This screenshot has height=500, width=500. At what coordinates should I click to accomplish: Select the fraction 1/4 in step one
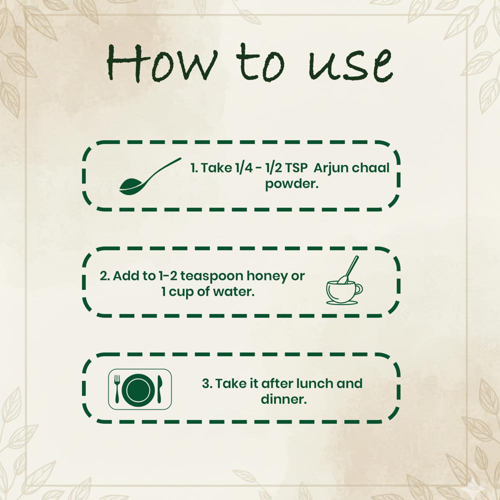(244, 167)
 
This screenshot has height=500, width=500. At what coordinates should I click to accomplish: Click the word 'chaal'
(369, 167)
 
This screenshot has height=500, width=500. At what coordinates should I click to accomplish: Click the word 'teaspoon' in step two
(211, 276)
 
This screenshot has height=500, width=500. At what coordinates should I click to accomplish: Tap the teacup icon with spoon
(344, 280)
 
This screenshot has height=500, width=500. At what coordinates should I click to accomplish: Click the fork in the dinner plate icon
(117, 388)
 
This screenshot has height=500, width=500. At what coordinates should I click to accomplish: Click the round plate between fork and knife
(138, 389)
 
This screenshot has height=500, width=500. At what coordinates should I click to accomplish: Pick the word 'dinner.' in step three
(284, 399)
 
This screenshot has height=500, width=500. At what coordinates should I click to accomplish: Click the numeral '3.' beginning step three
(207, 383)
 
